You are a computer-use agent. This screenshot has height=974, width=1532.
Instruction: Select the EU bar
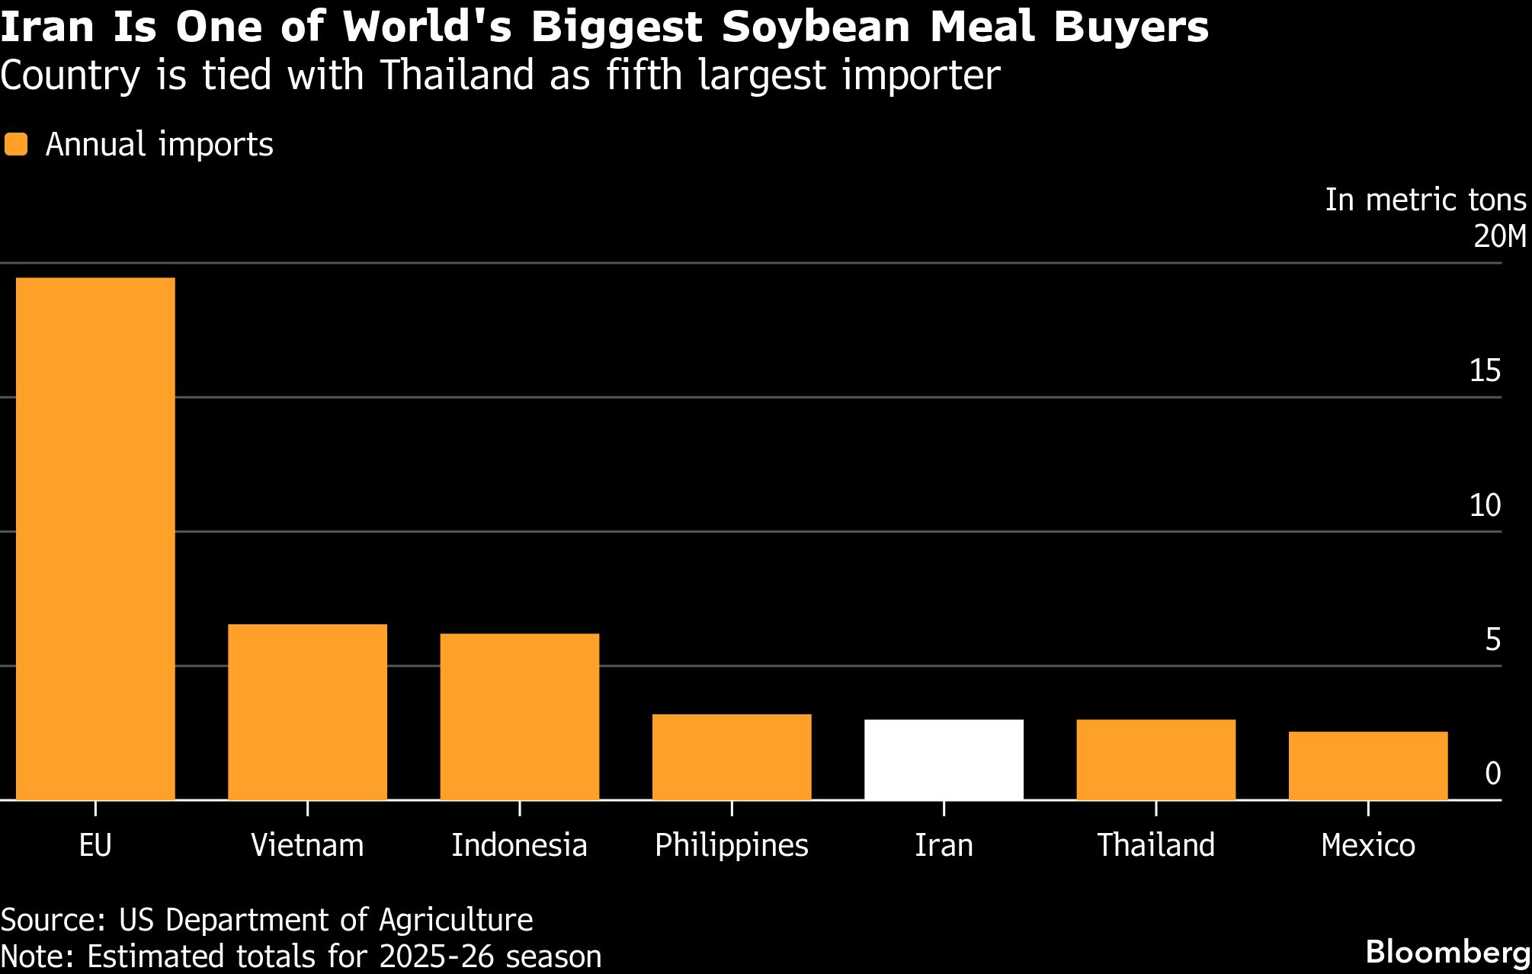tap(95, 538)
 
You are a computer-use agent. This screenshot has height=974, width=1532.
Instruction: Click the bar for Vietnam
tap(307, 712)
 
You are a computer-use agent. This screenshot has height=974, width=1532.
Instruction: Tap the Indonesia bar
tap(519, 716)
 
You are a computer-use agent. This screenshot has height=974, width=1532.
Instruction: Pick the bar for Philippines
tap(732, 757)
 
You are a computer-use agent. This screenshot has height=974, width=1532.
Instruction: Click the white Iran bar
tap(944, 759)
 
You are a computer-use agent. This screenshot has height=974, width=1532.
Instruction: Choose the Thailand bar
tap(1155, 759)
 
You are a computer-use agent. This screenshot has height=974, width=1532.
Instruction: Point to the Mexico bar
tap(1368, 765)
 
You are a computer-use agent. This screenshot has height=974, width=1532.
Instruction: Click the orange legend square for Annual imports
tap(16, 145)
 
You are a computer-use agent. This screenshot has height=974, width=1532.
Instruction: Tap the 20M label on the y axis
tap(1499, 237)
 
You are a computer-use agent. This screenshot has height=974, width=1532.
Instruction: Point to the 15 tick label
tap(1485, 371)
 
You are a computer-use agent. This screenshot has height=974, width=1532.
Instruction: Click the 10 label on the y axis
tap(1485, 505)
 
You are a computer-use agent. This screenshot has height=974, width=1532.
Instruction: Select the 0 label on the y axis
tap(1492, 774)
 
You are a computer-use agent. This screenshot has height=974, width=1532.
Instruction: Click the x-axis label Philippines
tap(732, 845)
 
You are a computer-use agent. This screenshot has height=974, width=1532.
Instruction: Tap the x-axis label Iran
tap(944, 845)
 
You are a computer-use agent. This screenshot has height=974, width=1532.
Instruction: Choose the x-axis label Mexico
tap(1368, 845)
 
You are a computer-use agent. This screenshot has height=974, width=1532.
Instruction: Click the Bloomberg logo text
tap(1448, 952)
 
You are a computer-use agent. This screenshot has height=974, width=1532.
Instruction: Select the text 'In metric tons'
tap(1425, 200)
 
